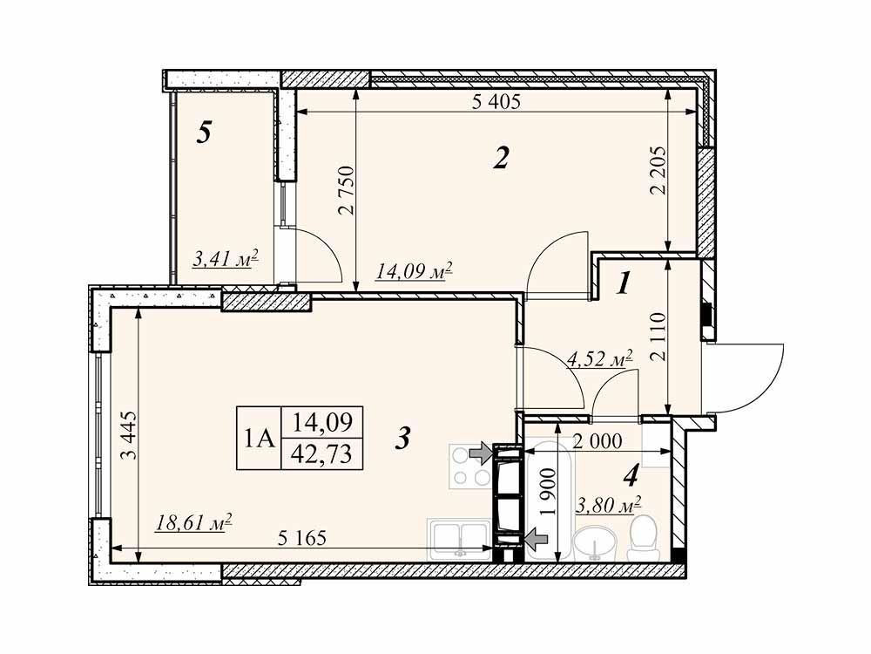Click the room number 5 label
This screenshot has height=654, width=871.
click(205, 133)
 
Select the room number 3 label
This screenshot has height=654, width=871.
click(402, 439)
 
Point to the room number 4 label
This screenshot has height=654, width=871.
click(631, 475)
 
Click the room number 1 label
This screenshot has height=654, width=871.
click(624, 285)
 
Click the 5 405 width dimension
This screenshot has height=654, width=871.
click(496, 101)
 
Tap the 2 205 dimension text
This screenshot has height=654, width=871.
click(658, 170)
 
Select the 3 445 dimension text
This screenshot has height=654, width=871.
click(127, 435)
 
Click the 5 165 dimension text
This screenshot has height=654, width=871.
click(301, 538)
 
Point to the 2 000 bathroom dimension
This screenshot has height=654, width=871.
click(598, 441)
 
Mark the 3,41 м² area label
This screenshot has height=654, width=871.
click(226, 259)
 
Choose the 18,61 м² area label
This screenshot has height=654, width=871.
click(193, 523)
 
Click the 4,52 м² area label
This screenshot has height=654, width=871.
click(600, 359)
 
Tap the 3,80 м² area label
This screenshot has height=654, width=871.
click(609, 506)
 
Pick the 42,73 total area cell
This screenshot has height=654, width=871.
click(323, 453)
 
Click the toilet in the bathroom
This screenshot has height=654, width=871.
click(641, 537)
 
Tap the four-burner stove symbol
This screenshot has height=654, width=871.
click(470, 467)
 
